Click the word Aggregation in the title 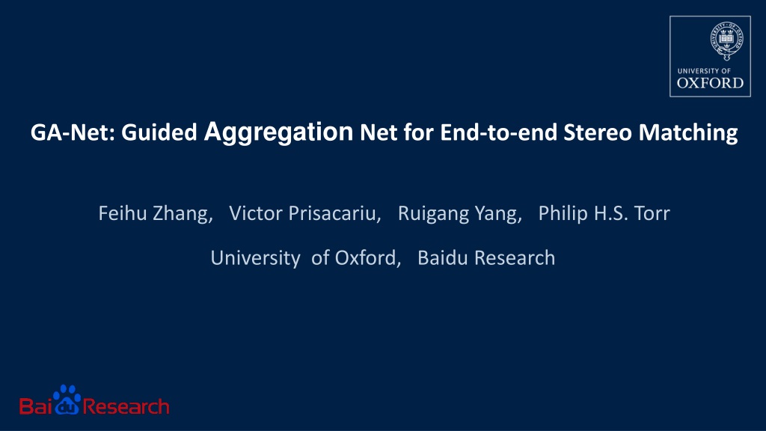tap(278, 132)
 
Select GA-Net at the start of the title tap(73, 132)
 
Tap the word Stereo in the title tap(598, 132)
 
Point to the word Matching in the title tap(688, 133)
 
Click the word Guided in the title tap(159, 132)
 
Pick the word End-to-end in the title tap(499, 132)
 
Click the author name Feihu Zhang tap(156, 213)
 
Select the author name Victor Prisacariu tap(305, 213)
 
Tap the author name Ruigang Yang tap(460, 213)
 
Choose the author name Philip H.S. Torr tap(604, 213)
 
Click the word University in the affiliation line tap(255, 258)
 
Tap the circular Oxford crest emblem tap(727, 40)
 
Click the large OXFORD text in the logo tap(711, 83)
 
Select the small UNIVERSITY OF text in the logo tap(704, 71)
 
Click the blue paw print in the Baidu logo tap(67, 400)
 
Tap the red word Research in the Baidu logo tap(126, 406)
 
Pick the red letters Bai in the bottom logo tap(36, 406)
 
